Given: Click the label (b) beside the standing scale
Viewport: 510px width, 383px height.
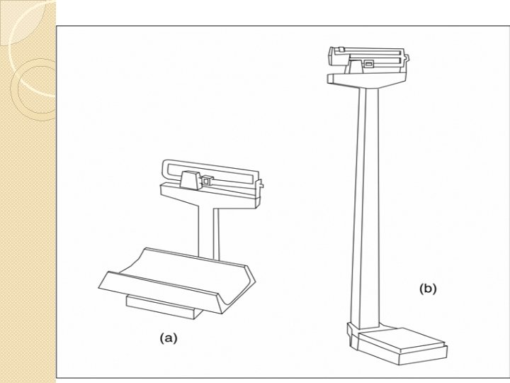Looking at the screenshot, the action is coord(429,289).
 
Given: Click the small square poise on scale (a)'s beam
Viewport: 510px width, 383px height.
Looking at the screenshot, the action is coord(207,182).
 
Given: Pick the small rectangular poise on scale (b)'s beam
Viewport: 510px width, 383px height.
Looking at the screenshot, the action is coord(368,65).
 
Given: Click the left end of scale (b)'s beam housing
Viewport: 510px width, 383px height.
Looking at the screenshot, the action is coord(331,54).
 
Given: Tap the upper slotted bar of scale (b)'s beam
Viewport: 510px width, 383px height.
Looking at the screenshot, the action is coord(368,51).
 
